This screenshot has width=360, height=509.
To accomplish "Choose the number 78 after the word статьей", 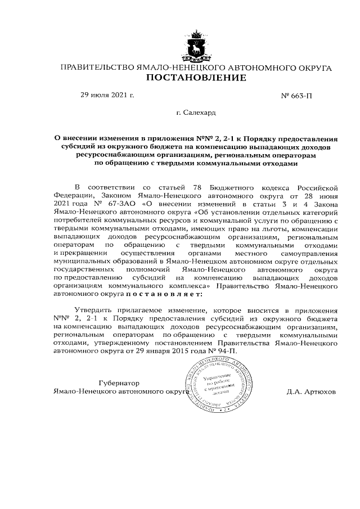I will tap(181, 187).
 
